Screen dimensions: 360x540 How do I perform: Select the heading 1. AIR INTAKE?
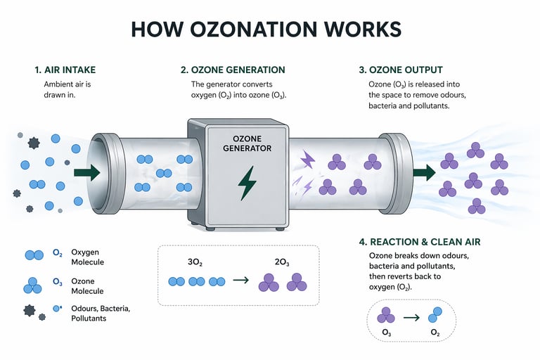(x=65, y=70)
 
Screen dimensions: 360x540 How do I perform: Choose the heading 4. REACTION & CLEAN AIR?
(x=419, y=242)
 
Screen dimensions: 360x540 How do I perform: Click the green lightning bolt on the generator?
(x=247, y=182)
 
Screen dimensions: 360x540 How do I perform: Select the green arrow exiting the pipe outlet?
(x=424, y=172)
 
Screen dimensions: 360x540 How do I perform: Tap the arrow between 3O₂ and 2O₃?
(x=240, y=280)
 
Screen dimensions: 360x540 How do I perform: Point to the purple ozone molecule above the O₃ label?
(x=386, y=315)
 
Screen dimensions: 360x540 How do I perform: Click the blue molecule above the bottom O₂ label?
(x=436, y=314)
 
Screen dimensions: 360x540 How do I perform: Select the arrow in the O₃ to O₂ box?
(x=411, y=317)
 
